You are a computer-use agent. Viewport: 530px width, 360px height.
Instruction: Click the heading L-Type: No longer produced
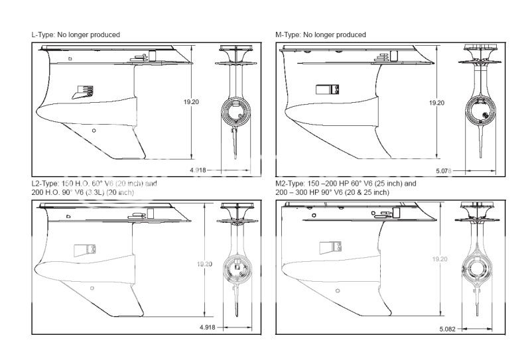click(x=76, y=34)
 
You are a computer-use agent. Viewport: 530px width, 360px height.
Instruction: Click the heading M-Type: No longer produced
click(x=320, y=34)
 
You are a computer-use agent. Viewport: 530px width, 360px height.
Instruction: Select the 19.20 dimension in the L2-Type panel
click(x=204, y=264)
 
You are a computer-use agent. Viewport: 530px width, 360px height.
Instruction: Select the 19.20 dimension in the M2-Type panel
click(x=439, y=259)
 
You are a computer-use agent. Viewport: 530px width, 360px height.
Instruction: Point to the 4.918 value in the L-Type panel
click(x=198, y=170)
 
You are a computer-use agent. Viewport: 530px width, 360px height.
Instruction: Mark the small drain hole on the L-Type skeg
click(x=94, y=130)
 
